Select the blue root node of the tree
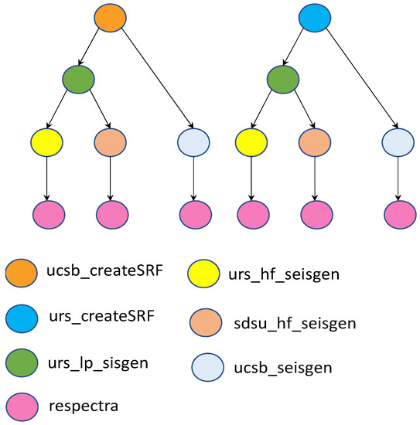coord(316,19)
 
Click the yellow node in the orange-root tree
coord(46,143)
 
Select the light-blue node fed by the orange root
coord(193,143)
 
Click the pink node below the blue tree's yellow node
coord(251,212)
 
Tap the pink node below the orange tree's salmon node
coord(111,212)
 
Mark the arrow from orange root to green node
coord(94,49)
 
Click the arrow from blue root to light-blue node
coord(358,79)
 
